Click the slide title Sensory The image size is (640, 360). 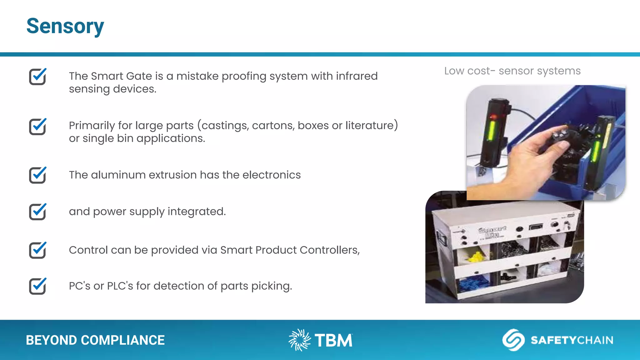(x=65, y=26)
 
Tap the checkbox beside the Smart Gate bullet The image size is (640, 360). (x=37, y=77)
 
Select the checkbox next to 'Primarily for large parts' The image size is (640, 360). (x=37, y=127)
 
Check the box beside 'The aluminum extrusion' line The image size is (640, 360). (x=37, y=175)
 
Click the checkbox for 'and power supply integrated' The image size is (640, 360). (x=37, y=212)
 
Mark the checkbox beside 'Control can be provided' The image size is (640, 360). (x=37, y=250)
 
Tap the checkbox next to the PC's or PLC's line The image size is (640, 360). (x=37, y=286)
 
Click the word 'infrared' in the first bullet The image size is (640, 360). (x=357, y=76)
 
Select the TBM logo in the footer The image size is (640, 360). (x=321, y=340)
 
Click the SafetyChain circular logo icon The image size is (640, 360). (x=513, y=340)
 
